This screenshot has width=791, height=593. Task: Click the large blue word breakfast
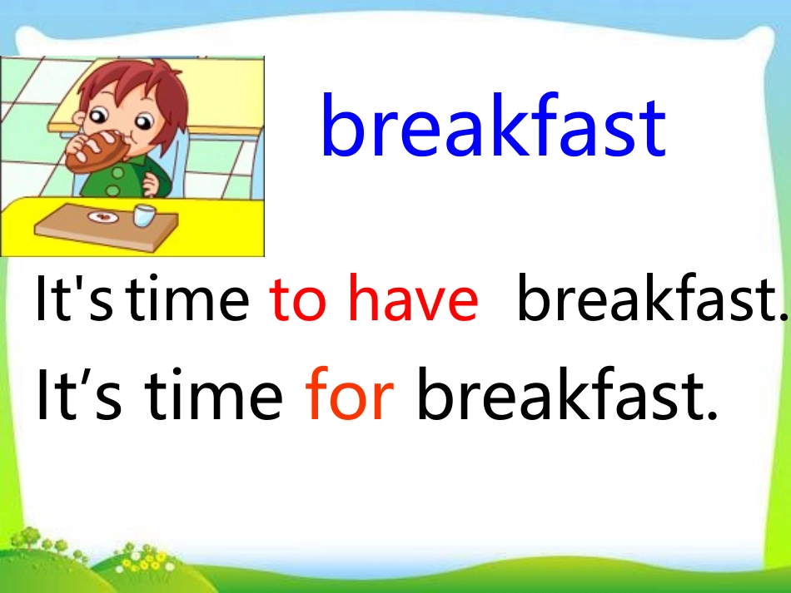click(493, 128)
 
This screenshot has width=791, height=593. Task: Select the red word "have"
click(413, 300)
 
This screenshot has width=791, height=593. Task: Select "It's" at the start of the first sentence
click(73, 300)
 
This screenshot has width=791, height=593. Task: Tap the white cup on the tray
click(144, 215)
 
